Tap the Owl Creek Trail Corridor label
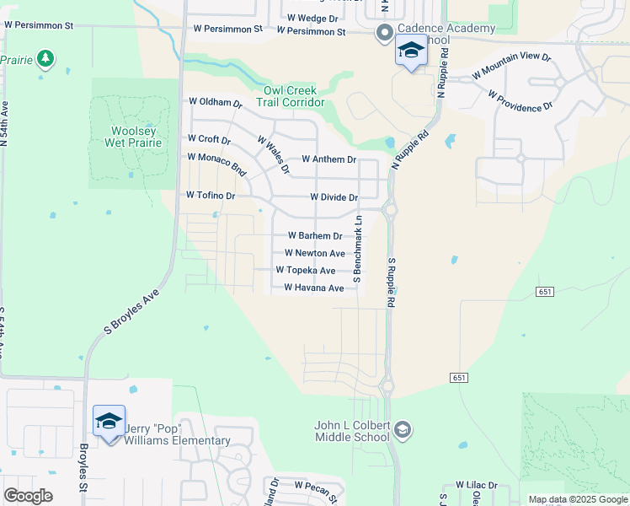(x=294, y=96)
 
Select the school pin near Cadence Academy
(x=411, y=52)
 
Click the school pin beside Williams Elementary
(x=109, y=422)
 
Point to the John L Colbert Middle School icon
(x=403, y=430)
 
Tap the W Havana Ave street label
(x=313, y=288)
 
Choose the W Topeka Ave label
(x=306, y=271)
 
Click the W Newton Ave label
(x=314, y=253)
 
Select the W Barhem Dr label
(x=315, y=236)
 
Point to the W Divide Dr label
(x=334, y=197)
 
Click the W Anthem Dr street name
(x=328, y=159)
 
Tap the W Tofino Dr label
(x=210, y=196)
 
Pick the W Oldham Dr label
(x=215, y=103)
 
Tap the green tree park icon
(x=46, y=58)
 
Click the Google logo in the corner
(x=28, y=495)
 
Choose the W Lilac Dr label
(x=477, y=486)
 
